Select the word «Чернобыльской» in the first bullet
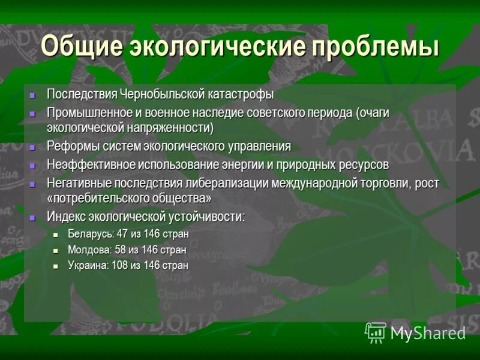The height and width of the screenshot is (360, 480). (159, 94)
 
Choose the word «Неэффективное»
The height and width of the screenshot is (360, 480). (90, 164)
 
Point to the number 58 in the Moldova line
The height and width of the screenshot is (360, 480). (120, 250)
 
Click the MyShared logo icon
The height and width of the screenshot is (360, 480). (376, 332)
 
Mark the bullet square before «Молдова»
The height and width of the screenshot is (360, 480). (56, 250)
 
